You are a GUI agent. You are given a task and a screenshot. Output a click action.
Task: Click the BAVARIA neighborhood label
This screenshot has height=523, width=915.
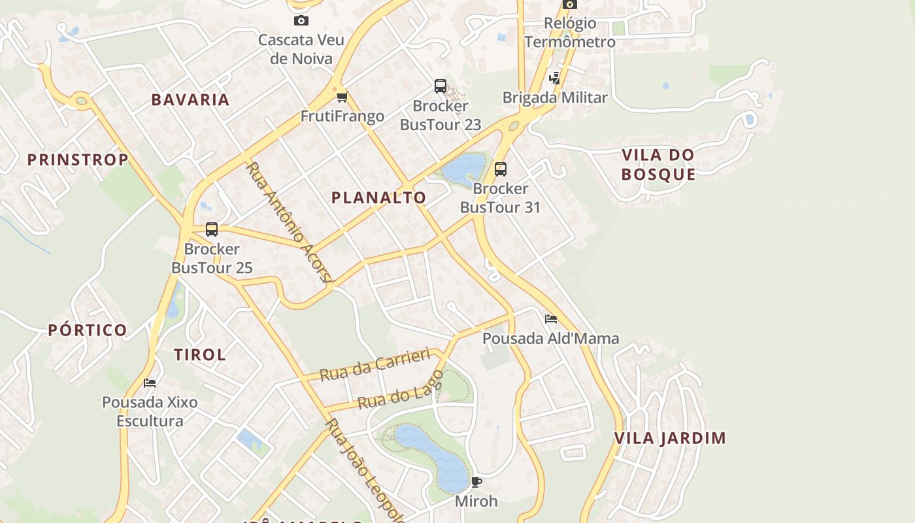coord(190,99)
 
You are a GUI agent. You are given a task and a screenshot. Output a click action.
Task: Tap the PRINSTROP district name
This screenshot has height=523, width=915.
coord(78,160)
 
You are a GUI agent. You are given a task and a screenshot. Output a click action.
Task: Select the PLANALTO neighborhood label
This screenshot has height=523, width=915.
coord(378,197)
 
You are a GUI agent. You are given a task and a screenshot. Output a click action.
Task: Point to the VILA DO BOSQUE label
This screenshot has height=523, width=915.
coord(657,165)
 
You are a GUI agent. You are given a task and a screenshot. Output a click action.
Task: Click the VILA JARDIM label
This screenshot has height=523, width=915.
coord(670,438)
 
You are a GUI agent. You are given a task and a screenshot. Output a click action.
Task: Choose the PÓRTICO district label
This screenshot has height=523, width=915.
coord(88,330)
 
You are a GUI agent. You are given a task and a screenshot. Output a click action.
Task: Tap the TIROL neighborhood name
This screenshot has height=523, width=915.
coord(200,355)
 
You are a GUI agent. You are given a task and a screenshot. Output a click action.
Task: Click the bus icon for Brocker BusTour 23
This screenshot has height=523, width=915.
coord(441,86)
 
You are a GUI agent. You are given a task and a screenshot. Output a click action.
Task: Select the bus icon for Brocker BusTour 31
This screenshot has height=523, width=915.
coord(501,169)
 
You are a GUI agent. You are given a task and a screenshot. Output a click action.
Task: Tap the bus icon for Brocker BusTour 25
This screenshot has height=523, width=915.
coord(212,229)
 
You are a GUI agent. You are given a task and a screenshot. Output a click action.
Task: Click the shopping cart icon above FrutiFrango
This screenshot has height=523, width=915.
coord(342,97)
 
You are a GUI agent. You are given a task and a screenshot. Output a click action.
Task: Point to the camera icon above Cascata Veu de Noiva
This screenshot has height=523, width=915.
coord(301,21)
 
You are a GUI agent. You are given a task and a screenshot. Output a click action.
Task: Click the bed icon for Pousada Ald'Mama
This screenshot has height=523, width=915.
coord(551,319)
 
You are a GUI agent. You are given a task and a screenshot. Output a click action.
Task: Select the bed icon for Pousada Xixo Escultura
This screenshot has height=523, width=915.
coord(150,382)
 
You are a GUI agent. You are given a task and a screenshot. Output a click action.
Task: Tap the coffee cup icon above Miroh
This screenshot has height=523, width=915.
coord(476,482)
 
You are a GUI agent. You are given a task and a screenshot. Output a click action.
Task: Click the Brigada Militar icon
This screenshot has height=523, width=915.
coord(555,78)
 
